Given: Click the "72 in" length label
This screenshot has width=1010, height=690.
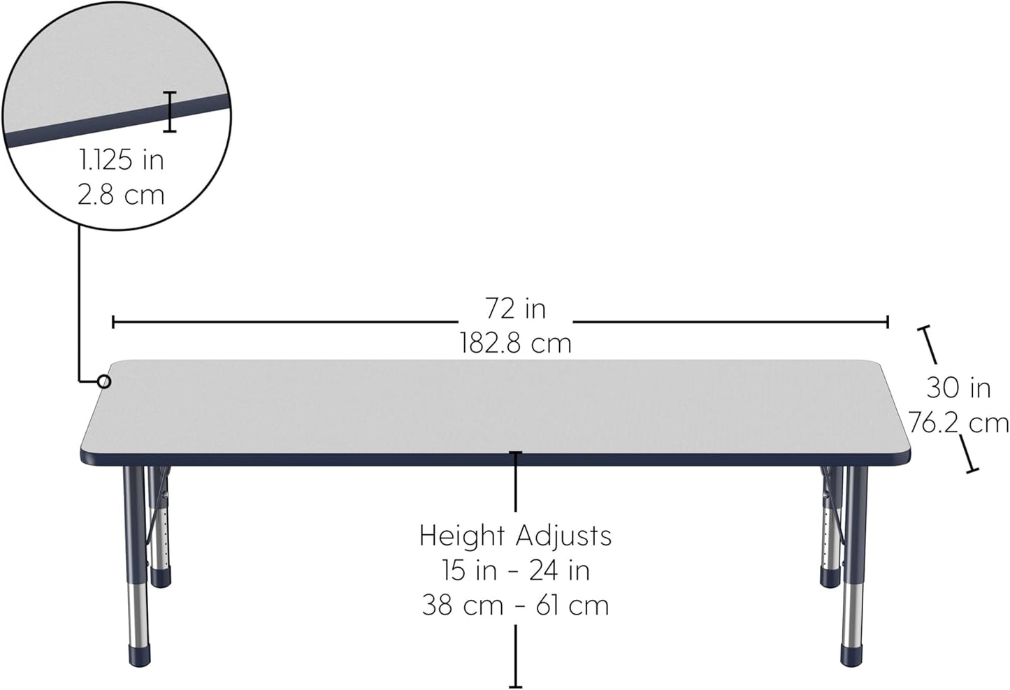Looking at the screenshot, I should click(515, 308).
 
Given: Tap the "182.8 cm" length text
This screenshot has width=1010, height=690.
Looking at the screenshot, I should click(515, 343).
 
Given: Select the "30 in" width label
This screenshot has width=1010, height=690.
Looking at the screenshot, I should click(958, 388).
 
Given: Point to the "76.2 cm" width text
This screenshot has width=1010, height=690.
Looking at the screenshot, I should click(958, 423).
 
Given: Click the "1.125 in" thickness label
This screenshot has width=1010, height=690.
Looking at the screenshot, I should click(122, 160).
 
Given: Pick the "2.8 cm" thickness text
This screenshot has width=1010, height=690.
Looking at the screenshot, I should click(122, 194).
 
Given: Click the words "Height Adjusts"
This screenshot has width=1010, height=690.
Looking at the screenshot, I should click(515, 536).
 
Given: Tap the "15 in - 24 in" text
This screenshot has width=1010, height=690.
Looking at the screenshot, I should click(515, 571).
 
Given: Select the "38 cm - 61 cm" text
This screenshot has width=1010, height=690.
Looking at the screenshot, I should click(515, 605).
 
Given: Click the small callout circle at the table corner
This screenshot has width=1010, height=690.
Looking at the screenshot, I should click(103, 381).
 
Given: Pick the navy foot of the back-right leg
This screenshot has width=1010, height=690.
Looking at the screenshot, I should click(830, 577).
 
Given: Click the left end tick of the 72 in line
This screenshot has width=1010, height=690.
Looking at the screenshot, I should click(113, 322).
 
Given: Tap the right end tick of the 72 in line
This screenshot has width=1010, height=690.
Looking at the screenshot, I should click(888, 322).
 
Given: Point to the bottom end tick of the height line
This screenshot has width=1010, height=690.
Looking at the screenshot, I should click(516, 687).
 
